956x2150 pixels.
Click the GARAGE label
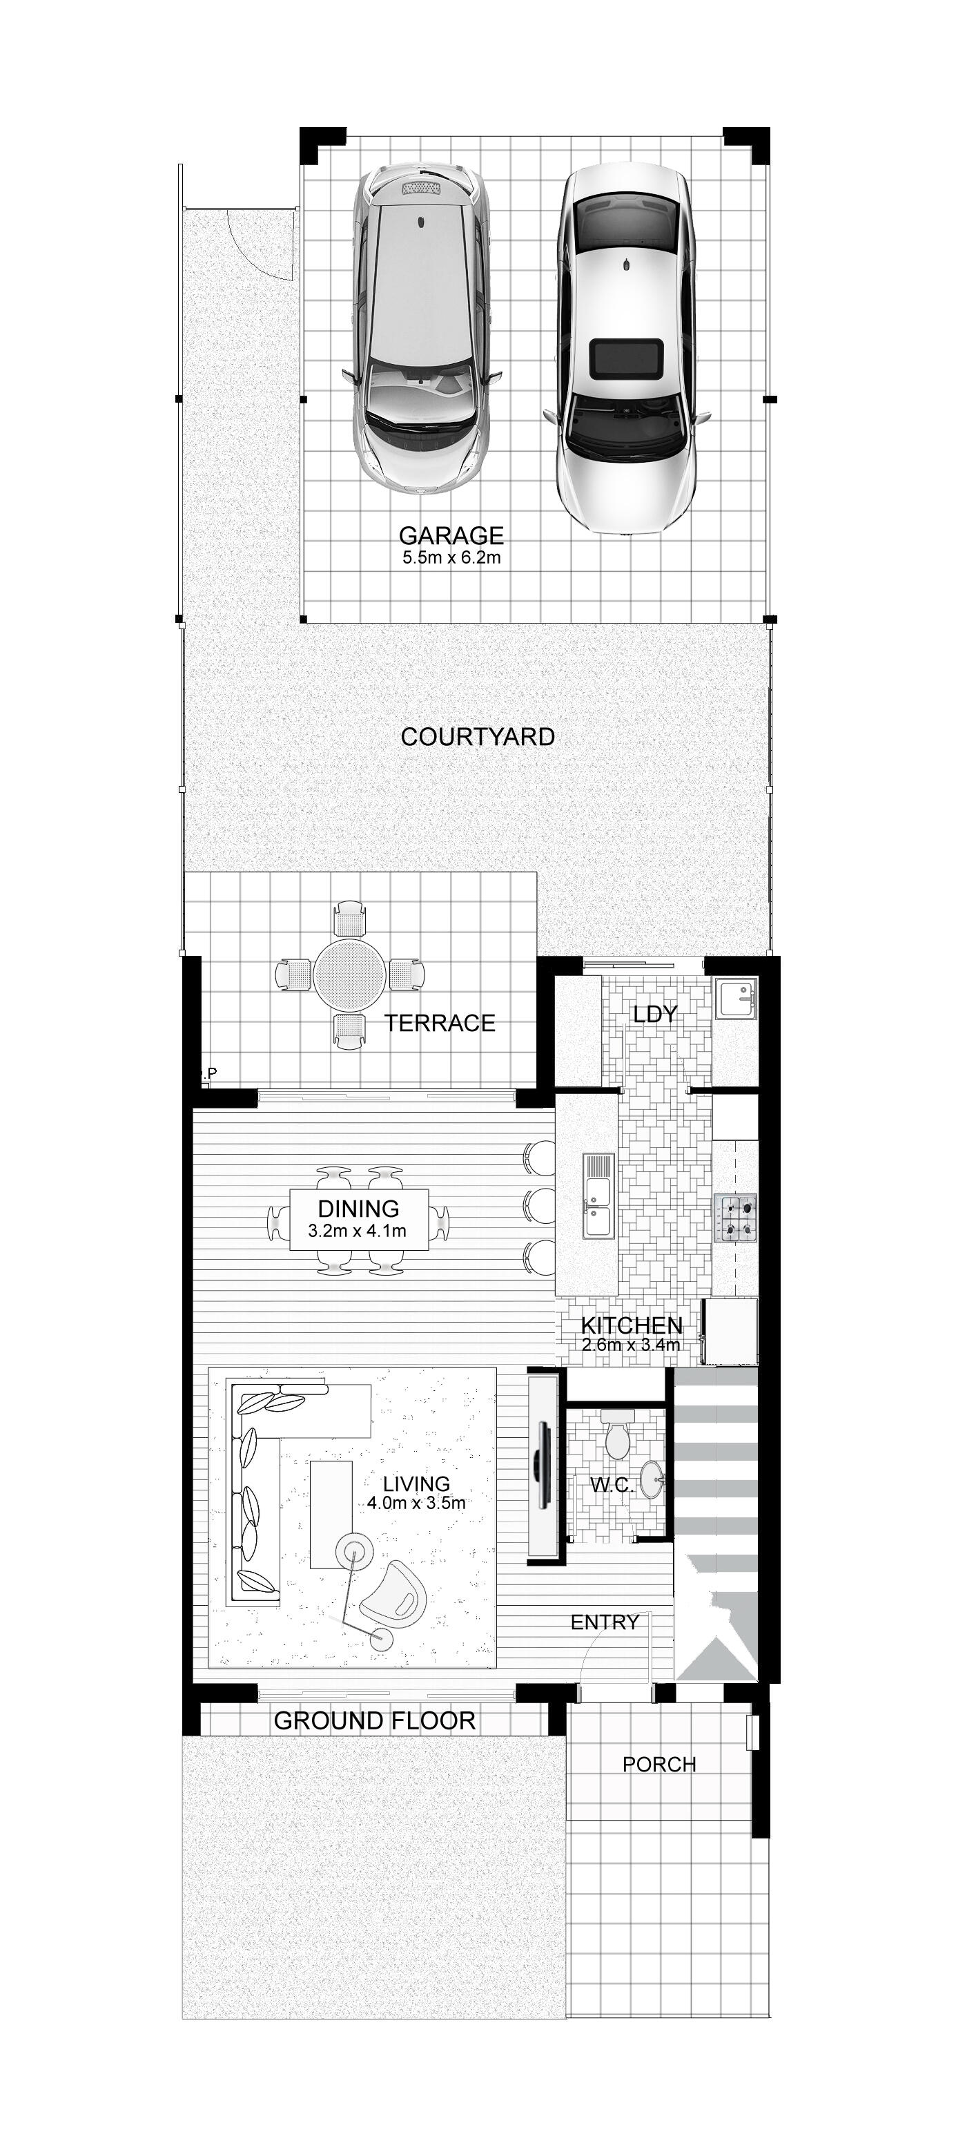(451, 535)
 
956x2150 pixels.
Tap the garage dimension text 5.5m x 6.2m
(451, 557)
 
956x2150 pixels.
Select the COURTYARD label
(477, 737)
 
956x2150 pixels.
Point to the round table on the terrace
(349, 974)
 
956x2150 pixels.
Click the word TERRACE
(440, 1024)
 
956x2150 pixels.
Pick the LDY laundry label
(655, 1014)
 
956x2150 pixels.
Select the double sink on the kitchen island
(597, 1196)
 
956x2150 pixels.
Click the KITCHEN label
(632, 1325)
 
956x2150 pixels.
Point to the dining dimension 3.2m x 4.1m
(357, 1230)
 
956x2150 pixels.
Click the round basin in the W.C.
(652, 1482)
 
